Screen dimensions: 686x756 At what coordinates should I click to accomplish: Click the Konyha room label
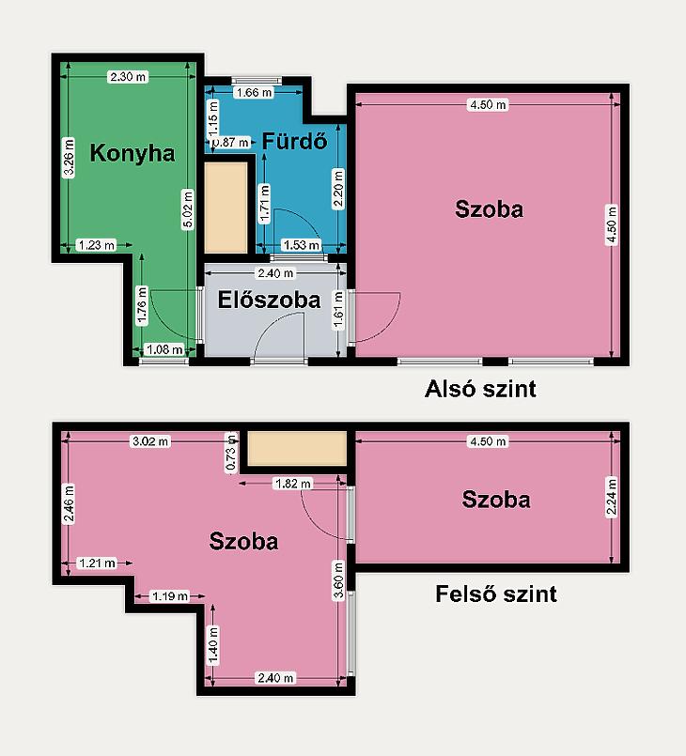coord(133,153)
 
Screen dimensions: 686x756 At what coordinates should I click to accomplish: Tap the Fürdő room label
coord(295,141)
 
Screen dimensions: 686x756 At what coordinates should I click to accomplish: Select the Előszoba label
coord(269,300)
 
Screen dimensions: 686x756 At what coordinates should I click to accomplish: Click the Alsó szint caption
coord(480,389)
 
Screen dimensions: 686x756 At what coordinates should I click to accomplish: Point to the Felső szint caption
coord(496,594)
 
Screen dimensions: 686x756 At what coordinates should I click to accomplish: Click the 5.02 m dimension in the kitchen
coord(188,208)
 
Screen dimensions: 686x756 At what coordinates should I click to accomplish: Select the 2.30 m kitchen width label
coord(128,77)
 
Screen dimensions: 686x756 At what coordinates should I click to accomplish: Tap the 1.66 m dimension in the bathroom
coord(255,92)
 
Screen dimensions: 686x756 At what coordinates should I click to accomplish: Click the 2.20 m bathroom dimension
coord(338,189)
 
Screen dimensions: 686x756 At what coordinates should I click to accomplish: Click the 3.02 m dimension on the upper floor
coord(150,441)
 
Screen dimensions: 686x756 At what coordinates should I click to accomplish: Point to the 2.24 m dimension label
coord(612,497)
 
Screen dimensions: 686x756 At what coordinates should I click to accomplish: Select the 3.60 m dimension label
coord(338,580)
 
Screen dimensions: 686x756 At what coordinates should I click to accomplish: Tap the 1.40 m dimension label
coord(212,645)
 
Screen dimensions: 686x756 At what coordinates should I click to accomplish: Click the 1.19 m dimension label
coord(170,596)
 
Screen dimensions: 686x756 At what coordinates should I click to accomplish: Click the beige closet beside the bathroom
coord(226,208)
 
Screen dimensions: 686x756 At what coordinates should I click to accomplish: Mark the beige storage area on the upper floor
coord(297,448)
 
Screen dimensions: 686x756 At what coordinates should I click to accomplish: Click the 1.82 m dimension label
coord(293,483)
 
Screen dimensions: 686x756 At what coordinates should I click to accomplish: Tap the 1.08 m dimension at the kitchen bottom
coord(164,349)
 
